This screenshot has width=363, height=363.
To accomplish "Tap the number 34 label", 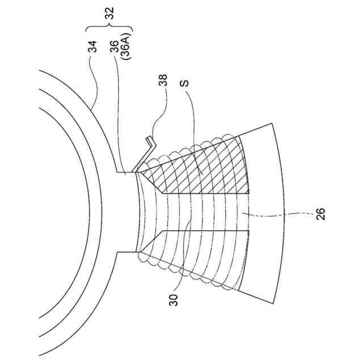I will coord(92,47).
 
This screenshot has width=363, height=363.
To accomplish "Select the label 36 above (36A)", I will coord(115,47).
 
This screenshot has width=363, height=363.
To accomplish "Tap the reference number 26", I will coord(321,214).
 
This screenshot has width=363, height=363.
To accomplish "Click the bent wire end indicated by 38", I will coord(149,142).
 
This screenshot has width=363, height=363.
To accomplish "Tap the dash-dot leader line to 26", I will coord(284,214).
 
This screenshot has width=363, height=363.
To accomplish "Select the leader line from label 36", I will coord(118,113).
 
